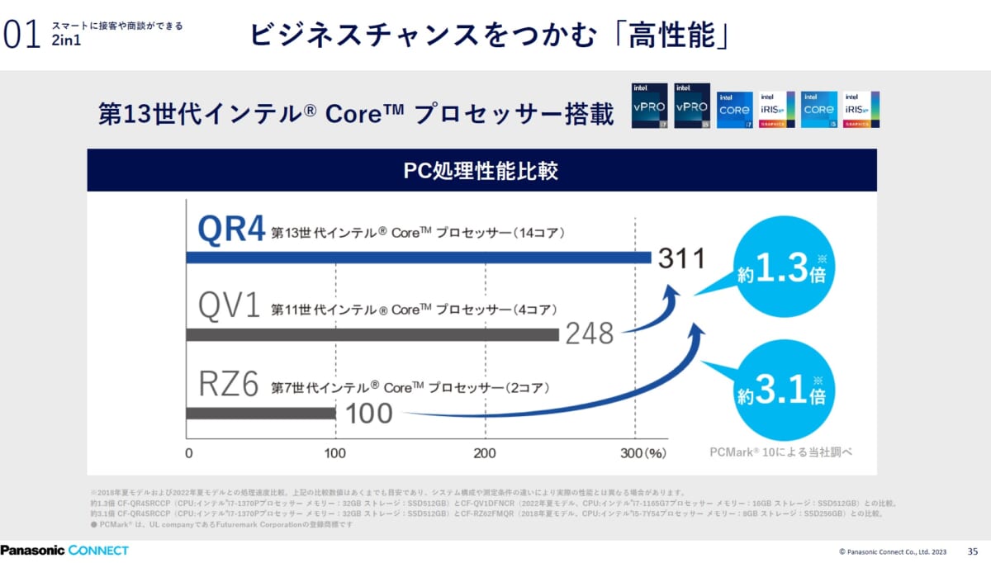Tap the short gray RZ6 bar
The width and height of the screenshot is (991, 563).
coord(261,412)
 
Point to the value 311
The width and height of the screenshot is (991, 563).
coord(681,258)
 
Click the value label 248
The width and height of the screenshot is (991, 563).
coord(590,334)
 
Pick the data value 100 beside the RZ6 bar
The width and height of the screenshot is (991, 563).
coord(367,412)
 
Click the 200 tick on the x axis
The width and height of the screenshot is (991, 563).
coord(485,452)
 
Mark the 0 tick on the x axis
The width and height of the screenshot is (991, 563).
coord(189,452)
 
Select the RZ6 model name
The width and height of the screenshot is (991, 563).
coord(230,385)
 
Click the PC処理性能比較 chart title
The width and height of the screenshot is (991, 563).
coord(481,171)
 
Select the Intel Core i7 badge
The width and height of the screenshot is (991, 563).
coord(735,110)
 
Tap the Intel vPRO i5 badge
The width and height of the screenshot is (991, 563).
coord(692,106)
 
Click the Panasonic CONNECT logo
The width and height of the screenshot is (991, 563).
coord(64,550)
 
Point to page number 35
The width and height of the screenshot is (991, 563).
coord(972,551)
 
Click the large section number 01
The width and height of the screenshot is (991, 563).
coord(22,35)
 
